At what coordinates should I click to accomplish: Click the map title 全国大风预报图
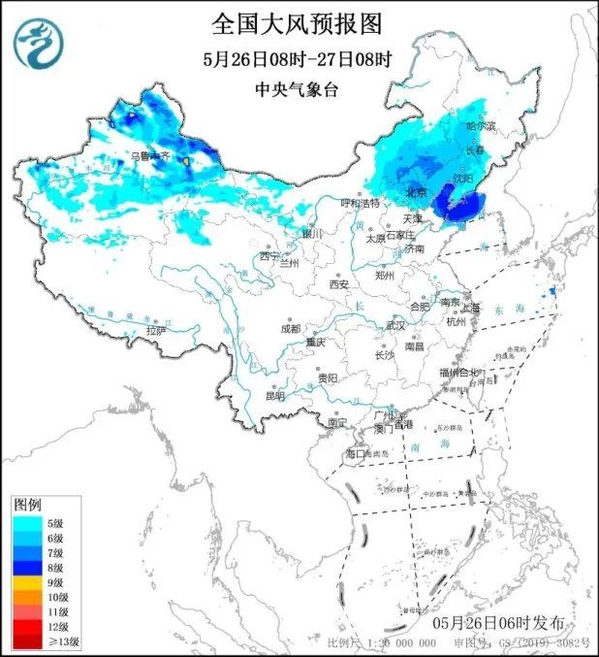[x=299, y=22]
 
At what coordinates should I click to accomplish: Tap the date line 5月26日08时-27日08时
[x=299, y=58]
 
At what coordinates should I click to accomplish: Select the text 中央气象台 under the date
[x=299, y=88]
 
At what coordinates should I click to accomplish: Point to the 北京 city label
[x=416, y=192]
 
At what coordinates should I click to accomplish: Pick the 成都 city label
[x=290, y=329]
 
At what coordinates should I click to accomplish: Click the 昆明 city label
[x=275, y=396]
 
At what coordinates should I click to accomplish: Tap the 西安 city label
[x=337, y=284]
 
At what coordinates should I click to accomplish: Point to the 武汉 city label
[x=394, y=325]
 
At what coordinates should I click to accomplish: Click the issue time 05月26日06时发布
[x=498, y=621]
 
